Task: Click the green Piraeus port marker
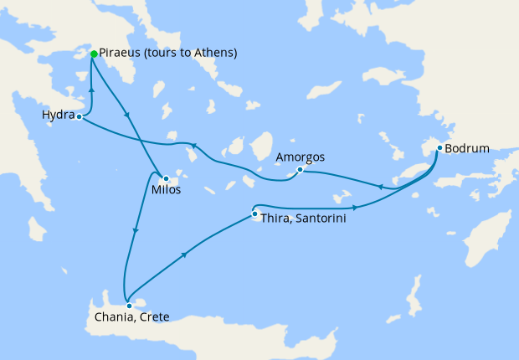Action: pyautogui.click(x=93, y=54)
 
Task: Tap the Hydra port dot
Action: pyautogui.click(x=79, y=116)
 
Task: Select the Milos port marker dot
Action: pyautogui.click(x=166, y=178)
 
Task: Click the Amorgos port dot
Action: pyautogui.click(x=300, y=170)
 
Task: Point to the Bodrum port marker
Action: pyautogui.click(x=439, y=149)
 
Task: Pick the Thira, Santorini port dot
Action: pyautogui.click(x=254, y=214)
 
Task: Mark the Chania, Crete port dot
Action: pyautogui.click(x=129, y=306)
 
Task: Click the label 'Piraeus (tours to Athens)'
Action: pyautogui.click(x=168, y=53)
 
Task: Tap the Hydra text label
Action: pyautogui.click(x=58, y=114)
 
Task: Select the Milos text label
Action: pyautogui.click(x=166, y=191)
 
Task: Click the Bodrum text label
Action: pyautogui.click(x=467, y=150)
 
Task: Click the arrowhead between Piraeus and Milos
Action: pyautogui.click(x=126, y=115)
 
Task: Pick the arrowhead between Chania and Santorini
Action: pyautogui.click(x=183, y=254)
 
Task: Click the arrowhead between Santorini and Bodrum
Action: pyautogui.click(x=356, y=208)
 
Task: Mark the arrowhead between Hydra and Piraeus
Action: pyautogui.click(x=90, y=88)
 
